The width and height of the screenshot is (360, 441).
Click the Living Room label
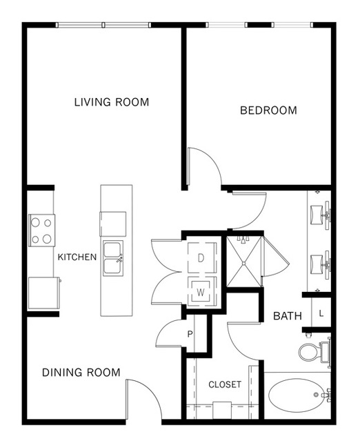tap(112, 102)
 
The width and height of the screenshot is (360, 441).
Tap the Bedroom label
tap(268, 110)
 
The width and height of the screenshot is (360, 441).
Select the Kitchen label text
tap(77, 257)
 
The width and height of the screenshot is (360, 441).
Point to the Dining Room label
tap(81, 373)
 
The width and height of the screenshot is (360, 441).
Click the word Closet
tap(225, 384)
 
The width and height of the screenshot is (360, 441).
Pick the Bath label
tap(288, 316)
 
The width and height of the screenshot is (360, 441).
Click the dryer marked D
tap(202, 257)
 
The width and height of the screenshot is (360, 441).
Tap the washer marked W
tap(202, 292)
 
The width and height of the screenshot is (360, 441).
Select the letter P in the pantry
tap(190, 334)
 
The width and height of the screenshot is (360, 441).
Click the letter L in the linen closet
tap(321, 313)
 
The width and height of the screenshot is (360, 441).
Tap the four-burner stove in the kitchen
tap(42, 231)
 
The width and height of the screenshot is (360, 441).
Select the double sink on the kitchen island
tap(113, 258)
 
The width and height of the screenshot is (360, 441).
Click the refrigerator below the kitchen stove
tap(44, 293)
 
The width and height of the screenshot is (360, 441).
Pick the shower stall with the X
tap(244, 262)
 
